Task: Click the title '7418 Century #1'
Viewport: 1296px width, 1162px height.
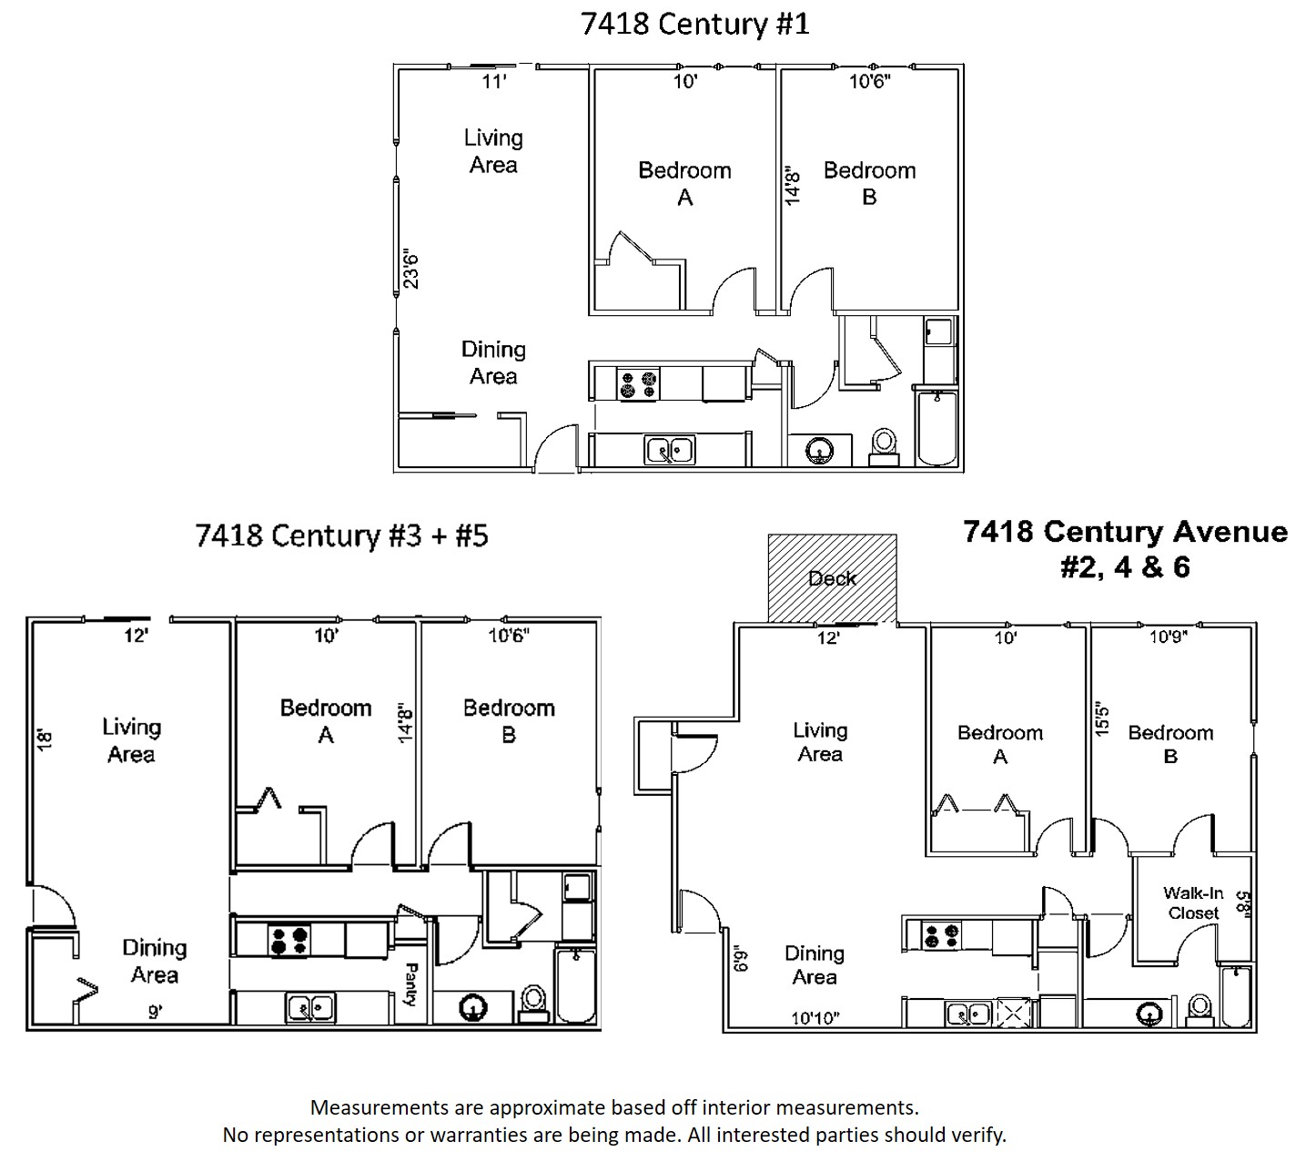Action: (x=694, y=25)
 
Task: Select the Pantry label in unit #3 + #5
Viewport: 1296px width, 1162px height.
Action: (x=410, y=984)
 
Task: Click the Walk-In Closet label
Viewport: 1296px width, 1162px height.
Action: (x=1193, y=903)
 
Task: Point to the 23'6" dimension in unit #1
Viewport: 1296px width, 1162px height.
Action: (x=411, y=270)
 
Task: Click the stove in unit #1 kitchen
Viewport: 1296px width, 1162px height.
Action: (x=639, y=383)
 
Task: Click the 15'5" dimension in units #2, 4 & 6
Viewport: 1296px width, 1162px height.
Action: (x=1102, y=719)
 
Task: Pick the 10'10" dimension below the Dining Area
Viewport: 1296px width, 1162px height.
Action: (x=815, y=1018)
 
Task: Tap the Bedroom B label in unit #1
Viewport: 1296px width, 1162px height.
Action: (x=869, y=183)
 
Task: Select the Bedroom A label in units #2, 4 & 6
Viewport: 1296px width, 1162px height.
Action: (x=999, y=744)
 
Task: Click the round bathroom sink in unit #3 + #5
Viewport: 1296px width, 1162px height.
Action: (x=472, y=1008)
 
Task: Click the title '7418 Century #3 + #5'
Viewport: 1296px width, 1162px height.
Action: (x=341, y=535)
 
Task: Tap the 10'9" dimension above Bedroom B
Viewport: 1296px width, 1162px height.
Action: (x=1169, y=637)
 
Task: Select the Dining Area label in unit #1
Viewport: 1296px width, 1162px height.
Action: (x=493, y=362)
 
